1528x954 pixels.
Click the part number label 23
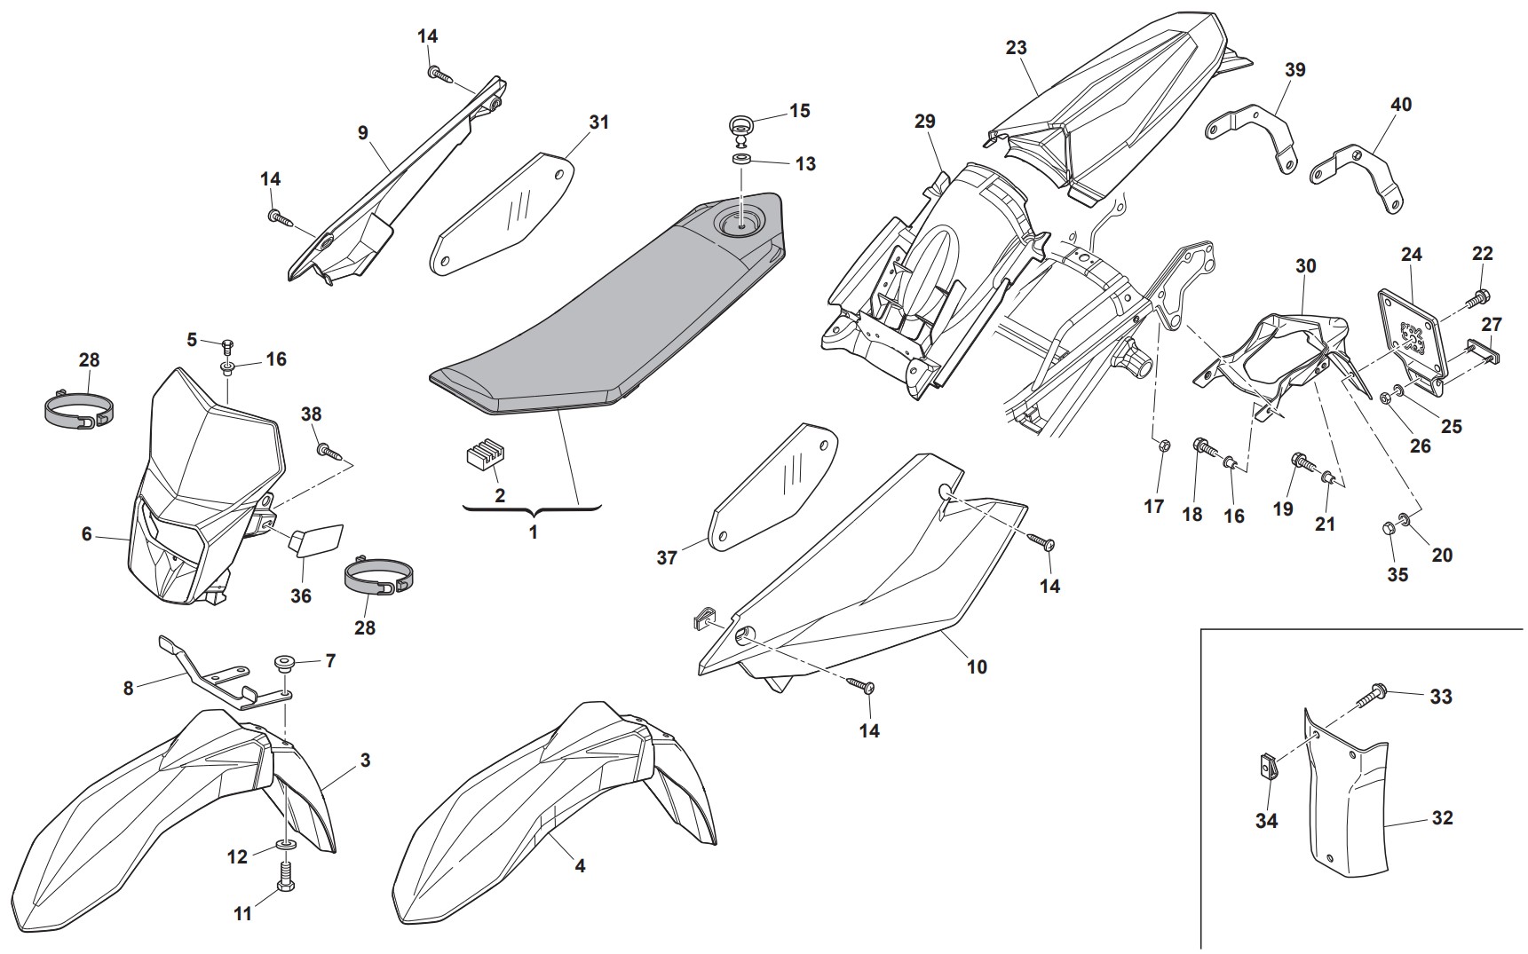tap(1016, 47)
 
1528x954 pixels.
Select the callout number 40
tap(1400, 105)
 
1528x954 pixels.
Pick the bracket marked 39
tap(1252, 138)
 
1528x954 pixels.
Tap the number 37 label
tap(667, 557)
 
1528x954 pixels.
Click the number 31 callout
tap(599, 122)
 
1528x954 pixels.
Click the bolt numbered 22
tap(1481, 296)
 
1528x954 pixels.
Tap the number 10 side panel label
tap(977, 666)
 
